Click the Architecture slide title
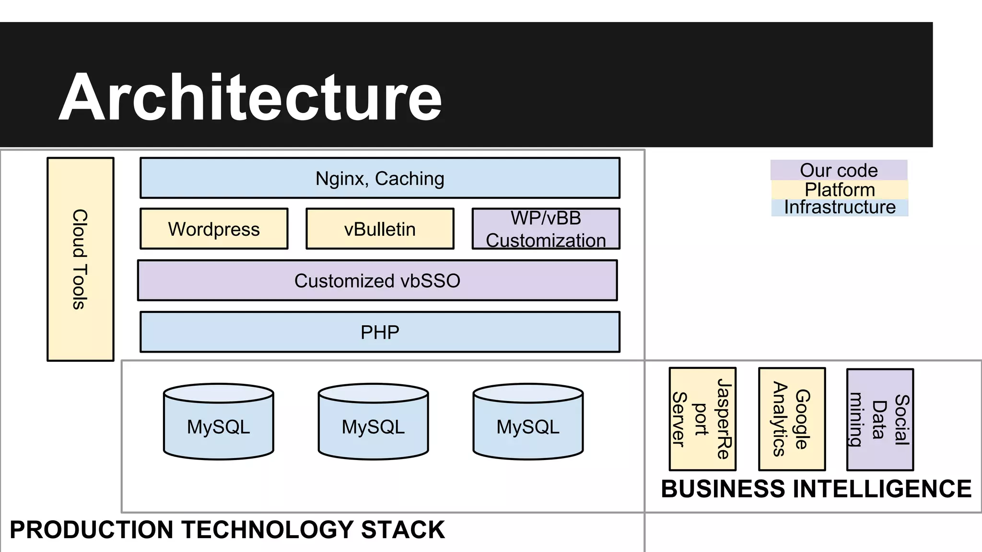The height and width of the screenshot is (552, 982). pyautogui.click(x=250, y=97)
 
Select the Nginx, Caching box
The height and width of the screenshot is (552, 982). pyautogui.click(x=380, y=178)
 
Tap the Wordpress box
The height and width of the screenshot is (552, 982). pyautogui.click(x=214, y=229)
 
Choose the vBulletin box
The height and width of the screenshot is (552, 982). pyautogui.click(x=380, y=229)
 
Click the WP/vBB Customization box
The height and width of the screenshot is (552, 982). pyautogui.click(x=546, y=229)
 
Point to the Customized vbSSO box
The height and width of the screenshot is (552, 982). pyautogui.click(x=377, y=281)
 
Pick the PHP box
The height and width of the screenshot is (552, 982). pyautogui.click(x=380, y=332)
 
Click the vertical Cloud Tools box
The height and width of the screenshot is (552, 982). pyautogui.click(x=81, y=259)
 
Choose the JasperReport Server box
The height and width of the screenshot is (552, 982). pyautogui.click(x=702, y=419)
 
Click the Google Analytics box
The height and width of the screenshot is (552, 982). pyautogui.click(x=792, y=419)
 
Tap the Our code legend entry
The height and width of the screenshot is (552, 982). pyautogui.click(x=839, y=170)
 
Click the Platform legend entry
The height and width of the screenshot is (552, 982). pyautogui.click(x=840, y=189)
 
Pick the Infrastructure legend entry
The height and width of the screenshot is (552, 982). pyautogui.click(x=840, y=207)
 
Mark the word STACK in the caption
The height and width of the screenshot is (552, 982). pyautogui.click(x=403, y=530)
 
